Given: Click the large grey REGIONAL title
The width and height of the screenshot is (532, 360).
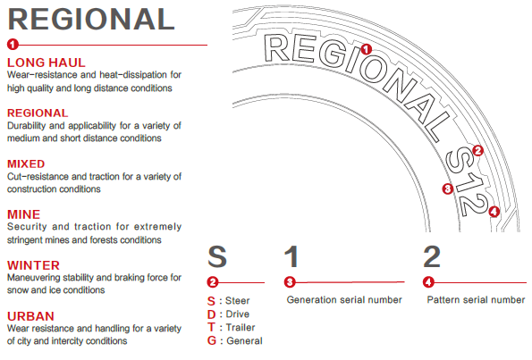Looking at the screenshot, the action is click(91, 20).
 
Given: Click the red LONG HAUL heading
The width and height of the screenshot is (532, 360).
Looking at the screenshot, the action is click(46, 63).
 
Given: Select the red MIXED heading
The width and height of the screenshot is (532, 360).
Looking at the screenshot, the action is click(26, 164).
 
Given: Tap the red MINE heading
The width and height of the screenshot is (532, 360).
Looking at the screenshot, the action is click(24, 214).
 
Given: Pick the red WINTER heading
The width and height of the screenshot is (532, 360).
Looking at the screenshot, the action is click(34, 265).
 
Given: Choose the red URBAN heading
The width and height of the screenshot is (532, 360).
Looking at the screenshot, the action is click(30, 316).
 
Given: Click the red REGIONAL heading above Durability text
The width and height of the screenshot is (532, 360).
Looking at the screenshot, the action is click(38, 113).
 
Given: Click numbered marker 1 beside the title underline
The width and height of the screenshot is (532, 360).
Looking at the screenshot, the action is click(13, 45).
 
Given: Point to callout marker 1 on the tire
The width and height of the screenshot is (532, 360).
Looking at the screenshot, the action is click(366, 49).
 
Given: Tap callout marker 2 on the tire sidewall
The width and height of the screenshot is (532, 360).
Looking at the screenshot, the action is click(477, 150).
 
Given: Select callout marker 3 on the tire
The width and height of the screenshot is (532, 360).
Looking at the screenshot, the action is click(448, 188).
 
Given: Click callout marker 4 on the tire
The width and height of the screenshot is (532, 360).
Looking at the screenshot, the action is click(494, 212).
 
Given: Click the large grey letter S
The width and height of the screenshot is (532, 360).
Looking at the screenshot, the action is click(217, 256).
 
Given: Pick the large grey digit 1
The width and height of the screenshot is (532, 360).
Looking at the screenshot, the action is click(291, 256).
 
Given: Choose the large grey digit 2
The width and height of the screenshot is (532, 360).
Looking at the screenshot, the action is click(432, 256).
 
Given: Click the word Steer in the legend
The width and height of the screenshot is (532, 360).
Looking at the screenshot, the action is click(238, 301).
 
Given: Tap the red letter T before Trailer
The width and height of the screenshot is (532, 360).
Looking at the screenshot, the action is click(211, 328).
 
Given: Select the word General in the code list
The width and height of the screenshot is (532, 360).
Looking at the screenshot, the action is click(244, 340).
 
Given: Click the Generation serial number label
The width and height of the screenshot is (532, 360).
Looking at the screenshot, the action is click(344, 299).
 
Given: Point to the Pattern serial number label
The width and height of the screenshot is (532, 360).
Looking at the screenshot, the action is click(476, 299).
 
